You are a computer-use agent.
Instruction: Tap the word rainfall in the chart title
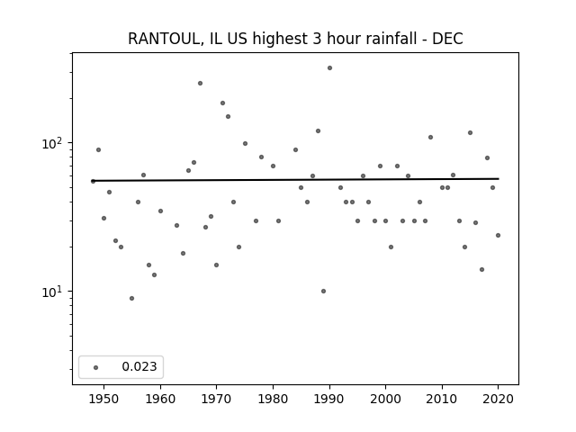coord(390,39)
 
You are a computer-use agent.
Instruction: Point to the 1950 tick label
coord(104,399)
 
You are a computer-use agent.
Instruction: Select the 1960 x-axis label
coord(160,399)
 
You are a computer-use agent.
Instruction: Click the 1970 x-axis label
coord(216,399)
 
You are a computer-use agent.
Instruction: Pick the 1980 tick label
coord(273,399)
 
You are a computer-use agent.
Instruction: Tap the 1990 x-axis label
coord(329,399)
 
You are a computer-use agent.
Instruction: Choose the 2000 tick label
coord(385,399)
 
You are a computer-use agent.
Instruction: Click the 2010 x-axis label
coord(442,399)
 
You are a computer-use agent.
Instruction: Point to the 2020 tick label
coord(498,399)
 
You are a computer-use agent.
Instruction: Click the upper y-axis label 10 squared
coord(54,142)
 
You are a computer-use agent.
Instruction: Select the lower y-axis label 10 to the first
coord(54,292)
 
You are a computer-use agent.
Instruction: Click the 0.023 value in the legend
coord(139,366)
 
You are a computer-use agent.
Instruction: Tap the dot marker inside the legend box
coord(96,367)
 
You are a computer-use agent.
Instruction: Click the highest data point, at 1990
coord(330,68)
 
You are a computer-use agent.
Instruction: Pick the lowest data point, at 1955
coord(132,298)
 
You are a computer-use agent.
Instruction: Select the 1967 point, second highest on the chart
coord(200,84)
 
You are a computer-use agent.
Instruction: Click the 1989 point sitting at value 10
coord(324,292)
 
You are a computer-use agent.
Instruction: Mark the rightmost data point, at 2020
coord(498,236)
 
